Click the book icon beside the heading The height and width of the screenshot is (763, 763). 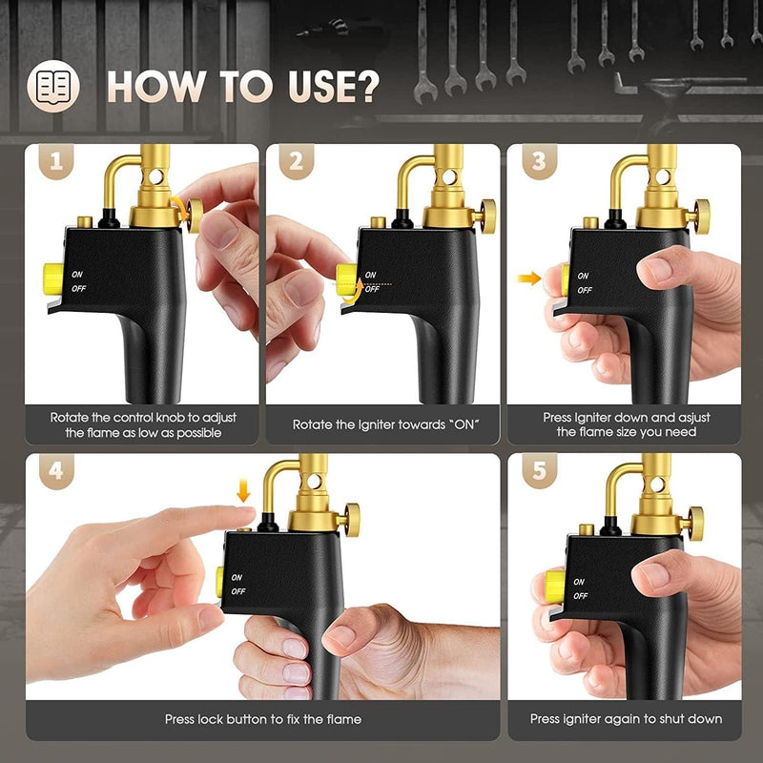point(53,86)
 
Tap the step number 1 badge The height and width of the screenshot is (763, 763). point(56,161)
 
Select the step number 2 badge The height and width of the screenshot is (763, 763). point(297,161)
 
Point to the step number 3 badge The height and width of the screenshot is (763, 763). point(539,161)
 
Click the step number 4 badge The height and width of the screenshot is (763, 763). point(56,471)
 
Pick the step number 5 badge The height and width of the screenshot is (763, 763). point(539,471)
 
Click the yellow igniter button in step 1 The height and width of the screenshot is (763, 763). point(53,278)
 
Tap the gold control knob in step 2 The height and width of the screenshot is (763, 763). point(487,217)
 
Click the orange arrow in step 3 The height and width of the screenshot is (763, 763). point(529,278)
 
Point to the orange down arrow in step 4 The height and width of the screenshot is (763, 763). point(243,490)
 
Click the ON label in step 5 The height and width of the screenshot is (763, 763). point(579,582)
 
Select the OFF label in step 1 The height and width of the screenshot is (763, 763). point(79,289)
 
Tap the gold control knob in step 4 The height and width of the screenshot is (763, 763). point(352,520)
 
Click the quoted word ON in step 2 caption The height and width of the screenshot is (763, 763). point(463,424)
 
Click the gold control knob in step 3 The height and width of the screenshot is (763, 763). point(702,217)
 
